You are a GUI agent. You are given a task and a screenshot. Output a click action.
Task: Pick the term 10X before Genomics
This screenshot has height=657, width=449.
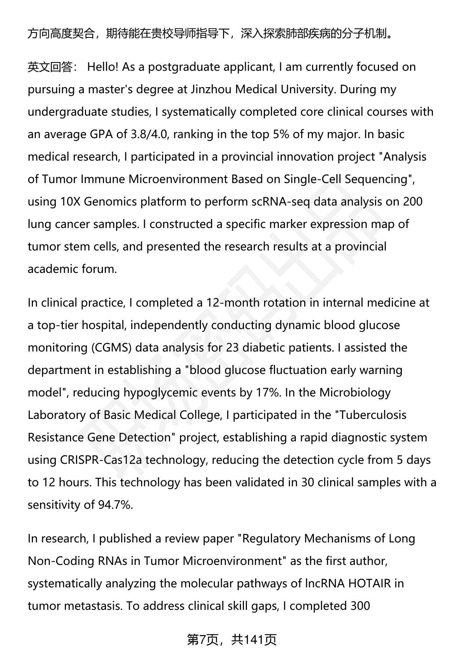(x=70, y=202)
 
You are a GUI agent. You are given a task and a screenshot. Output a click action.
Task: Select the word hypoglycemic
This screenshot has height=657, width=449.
(x=161, y=393)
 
